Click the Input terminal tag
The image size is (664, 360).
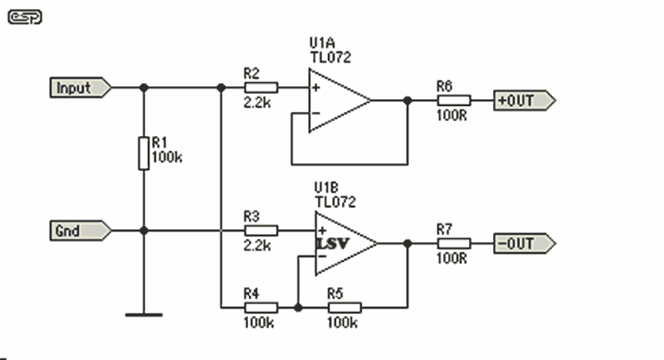point(81,88)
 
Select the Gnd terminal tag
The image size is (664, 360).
point(81,231)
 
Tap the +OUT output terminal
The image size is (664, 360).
point(525,100)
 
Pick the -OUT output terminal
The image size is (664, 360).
point(525,244)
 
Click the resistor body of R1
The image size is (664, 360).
point(144,153)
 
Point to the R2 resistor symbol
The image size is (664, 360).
point(261,88)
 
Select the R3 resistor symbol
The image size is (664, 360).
point(261,231)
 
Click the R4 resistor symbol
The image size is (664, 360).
point(261,308)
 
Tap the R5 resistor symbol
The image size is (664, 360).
point(344,308)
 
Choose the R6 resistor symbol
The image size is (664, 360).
point(454,100)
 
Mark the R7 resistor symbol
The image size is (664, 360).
point(454,244)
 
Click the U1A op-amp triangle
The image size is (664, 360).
point(339,100)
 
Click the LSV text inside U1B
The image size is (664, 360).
point(334,244)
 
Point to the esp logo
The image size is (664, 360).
point(25,17)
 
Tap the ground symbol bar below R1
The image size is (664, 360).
point(144,314)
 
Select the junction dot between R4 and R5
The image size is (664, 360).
point(298,308)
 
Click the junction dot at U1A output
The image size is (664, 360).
point(408,100)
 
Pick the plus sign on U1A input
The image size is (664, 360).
point(316,88)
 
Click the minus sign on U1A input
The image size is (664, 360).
point(316,113)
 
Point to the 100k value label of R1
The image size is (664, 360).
point(167,158)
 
